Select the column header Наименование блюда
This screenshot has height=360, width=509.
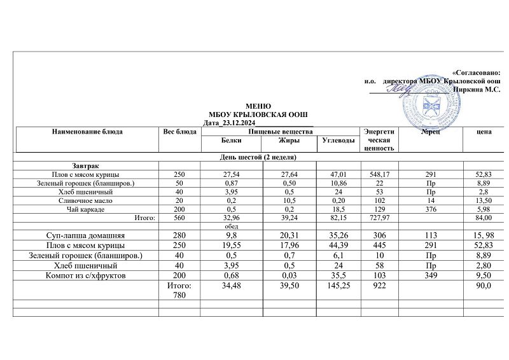(x=87, y=132)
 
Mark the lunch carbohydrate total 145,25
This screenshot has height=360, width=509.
(x=337, y=287)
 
